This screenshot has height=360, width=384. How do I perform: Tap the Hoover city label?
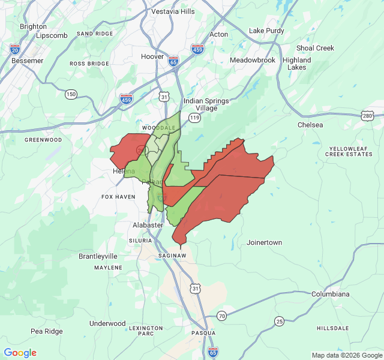coord(152,56)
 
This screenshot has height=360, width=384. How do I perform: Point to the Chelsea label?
coord(310,125)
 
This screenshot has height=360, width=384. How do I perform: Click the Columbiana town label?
coord(330,294)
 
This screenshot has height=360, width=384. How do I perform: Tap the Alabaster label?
coord(148,225)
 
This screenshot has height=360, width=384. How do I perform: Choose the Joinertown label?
coord(264,243)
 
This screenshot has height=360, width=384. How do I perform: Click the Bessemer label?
coord(27,61)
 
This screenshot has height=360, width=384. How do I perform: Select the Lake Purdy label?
coord(265,31)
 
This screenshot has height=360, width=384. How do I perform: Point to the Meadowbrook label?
coord(252,60)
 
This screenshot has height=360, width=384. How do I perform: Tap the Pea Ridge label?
coord(47,331)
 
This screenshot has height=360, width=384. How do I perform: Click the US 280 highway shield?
coord(367,115)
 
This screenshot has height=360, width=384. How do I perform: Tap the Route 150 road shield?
coord(71,94)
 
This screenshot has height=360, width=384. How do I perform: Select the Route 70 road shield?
coord(222,316)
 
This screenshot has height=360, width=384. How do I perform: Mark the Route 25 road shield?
coord(279,322)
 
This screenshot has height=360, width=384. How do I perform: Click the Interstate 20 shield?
coord(14,48)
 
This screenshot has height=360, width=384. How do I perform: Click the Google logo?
coord(20,353)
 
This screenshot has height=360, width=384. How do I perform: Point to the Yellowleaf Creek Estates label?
coord(349,151)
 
